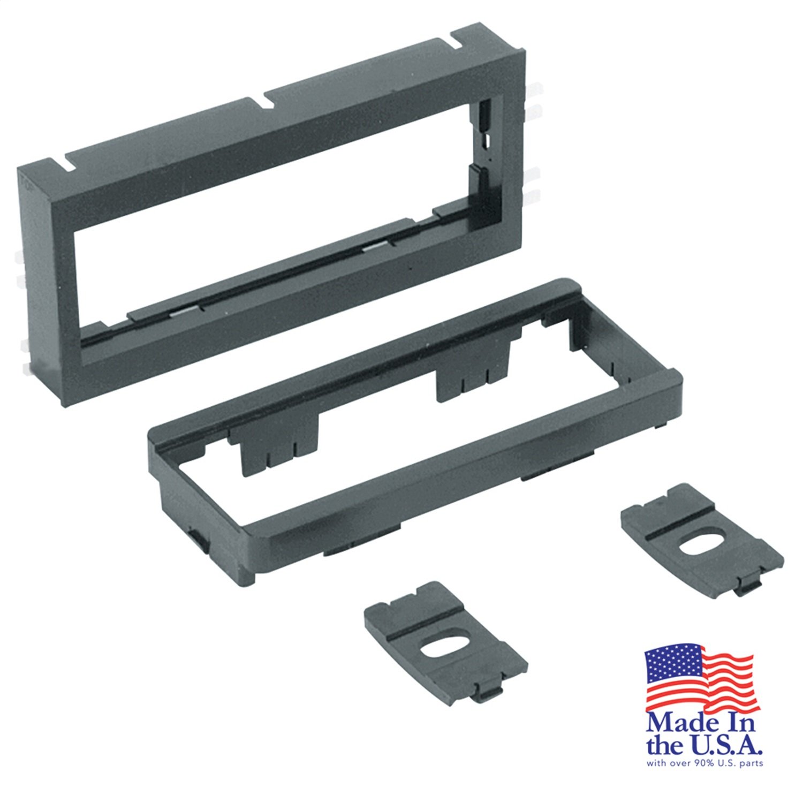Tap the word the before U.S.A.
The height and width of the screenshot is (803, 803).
(663, 746)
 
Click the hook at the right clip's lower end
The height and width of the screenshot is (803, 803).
(746, 587)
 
